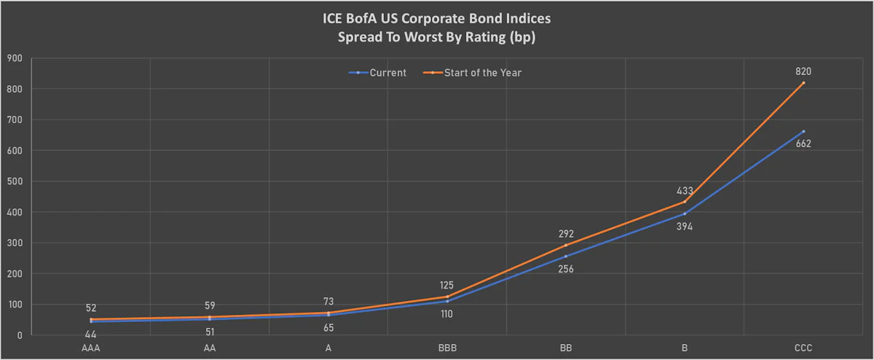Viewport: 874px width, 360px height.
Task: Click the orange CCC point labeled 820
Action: (803, 83)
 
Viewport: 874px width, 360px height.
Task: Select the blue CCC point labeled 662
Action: (803, 132)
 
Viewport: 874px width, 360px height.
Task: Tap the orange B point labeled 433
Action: (685, 202)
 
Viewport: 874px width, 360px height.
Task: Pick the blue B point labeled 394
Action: (685, 214)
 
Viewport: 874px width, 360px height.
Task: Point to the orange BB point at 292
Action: (566, 245)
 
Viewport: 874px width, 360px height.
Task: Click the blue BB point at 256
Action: (566, 257)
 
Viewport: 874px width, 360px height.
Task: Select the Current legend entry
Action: (377, 73)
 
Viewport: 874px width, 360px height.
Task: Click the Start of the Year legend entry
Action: (472, 73)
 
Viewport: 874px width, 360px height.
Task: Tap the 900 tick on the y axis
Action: (15, 58)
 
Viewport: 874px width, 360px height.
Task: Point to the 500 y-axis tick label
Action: (15, 181)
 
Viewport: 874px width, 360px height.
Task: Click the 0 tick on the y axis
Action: (20, 335)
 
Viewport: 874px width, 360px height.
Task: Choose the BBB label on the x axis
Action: (447, 348)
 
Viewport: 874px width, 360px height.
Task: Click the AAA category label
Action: (91, 348)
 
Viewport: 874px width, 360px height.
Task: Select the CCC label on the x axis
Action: (803, 348)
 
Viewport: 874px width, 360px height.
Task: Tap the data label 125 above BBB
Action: (446, 286)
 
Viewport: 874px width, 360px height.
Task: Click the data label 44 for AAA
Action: (90, 334)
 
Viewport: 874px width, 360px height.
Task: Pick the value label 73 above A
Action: (328, 302)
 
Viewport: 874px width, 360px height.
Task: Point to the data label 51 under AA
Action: (210, 332)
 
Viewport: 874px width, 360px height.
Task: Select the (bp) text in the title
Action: (522, 37)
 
